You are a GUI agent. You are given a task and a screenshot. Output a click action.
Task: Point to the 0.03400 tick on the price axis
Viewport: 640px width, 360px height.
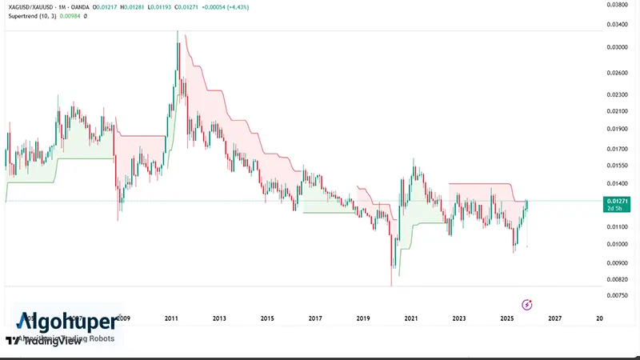click(617, 26)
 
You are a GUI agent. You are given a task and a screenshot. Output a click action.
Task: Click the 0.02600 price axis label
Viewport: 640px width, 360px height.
click(617, 73)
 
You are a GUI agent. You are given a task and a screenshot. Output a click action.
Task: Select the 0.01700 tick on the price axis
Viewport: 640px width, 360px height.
click(617, 148)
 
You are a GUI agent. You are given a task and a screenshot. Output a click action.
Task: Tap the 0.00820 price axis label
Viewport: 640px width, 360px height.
click(617, 279)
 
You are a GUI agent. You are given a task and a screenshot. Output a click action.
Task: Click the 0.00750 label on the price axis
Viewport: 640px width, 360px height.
click(617, 296)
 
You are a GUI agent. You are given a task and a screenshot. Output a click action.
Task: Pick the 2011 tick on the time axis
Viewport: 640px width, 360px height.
click(170, 318)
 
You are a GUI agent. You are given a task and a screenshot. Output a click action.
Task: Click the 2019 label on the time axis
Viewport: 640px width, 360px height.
click(362, 318)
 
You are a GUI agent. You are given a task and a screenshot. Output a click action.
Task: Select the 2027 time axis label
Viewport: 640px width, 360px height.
click(554, 318)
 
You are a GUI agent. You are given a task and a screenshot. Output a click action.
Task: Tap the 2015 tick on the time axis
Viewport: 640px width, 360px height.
click(267, 318)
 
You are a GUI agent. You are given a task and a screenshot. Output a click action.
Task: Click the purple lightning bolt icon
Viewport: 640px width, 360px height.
click(527, 304)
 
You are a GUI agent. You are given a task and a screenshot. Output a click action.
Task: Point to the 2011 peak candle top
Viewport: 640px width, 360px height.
click(178, 30)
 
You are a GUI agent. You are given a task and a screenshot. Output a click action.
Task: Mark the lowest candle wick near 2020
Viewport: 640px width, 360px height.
click(391, 284)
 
